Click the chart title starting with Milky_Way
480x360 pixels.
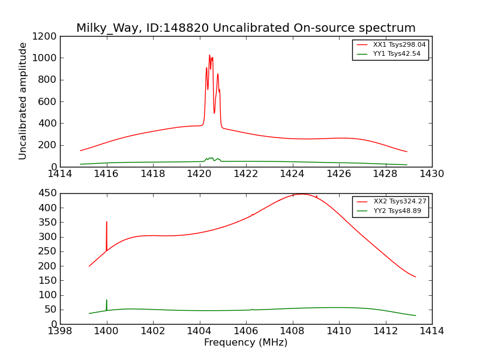(x=245, y=28)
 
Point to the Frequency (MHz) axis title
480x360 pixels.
(x=245, y=343)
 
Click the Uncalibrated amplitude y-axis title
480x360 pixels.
(x=23, y=101)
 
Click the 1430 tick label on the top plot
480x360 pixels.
(x=431, y=174)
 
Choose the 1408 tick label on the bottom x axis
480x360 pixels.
(x=292, y=331)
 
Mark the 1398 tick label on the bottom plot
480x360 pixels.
(x=60, y=331)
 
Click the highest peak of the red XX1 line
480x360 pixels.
(x=209, y=55)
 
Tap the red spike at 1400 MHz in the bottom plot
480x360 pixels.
(x=107, y=222)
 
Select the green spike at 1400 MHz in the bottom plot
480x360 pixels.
(x=107, y=300)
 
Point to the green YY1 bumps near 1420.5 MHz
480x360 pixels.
(x=211, y=158)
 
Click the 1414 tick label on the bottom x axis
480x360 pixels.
(x=431, y=331)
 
